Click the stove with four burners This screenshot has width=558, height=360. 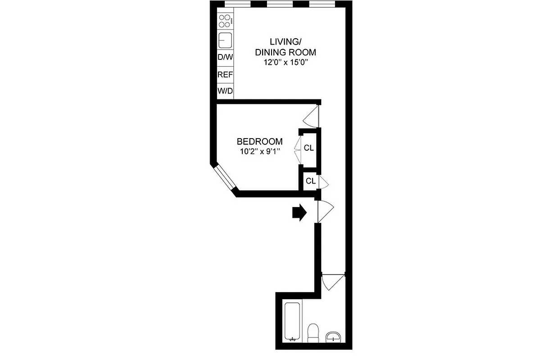point(225,20)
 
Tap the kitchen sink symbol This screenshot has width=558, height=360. point(225,41)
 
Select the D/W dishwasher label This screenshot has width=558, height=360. point(225,58)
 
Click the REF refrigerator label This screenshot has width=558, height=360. point(225,75)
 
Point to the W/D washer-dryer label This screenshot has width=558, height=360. point(225,91)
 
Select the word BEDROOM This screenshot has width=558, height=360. point(260,141)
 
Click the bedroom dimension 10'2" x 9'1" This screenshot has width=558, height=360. point(260,152)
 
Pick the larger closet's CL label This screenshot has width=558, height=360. point(308,148)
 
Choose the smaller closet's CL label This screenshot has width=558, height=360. point(310,181)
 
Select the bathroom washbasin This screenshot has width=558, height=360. point(334,337)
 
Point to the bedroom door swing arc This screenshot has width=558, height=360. point(311,117)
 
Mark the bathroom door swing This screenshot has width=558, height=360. point(333,282)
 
